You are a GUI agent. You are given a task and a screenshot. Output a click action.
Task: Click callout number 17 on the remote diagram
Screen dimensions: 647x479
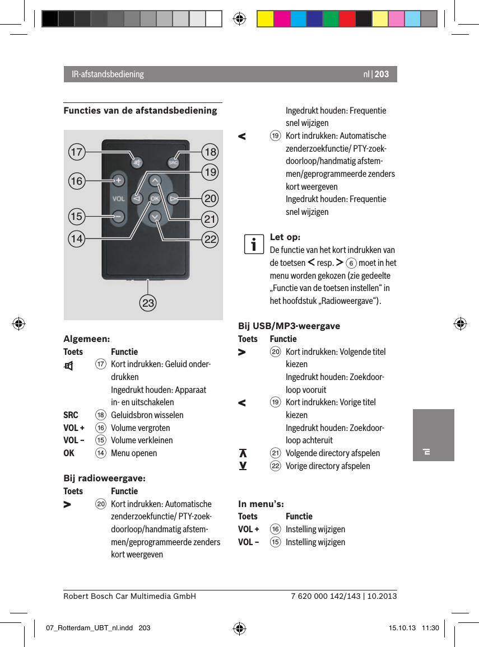77,152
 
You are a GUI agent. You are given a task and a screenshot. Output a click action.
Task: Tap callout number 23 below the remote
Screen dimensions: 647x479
148,304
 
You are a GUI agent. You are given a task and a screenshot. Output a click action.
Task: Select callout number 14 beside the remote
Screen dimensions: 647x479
77,239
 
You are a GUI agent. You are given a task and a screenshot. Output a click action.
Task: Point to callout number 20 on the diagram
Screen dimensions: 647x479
211,199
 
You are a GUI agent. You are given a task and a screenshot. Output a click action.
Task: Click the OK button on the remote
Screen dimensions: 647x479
155,198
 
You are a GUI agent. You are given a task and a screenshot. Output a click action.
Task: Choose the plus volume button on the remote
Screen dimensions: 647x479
118,180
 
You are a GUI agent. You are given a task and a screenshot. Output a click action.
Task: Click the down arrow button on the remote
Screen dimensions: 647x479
155,217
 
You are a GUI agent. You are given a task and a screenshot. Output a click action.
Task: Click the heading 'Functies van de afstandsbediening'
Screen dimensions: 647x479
140,110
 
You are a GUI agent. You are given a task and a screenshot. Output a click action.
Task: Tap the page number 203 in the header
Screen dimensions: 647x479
382,74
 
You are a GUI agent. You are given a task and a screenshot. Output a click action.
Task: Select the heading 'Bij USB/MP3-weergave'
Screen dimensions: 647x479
289,326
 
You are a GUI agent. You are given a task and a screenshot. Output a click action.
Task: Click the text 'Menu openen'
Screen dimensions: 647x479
134,453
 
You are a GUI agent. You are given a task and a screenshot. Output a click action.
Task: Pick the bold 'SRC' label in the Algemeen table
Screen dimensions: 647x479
71,415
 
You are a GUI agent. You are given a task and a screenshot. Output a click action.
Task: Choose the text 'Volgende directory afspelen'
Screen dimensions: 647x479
333,453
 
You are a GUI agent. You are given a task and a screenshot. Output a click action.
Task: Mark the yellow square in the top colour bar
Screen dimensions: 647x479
265,18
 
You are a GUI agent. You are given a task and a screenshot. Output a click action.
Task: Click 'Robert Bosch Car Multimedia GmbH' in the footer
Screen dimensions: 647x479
129,596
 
